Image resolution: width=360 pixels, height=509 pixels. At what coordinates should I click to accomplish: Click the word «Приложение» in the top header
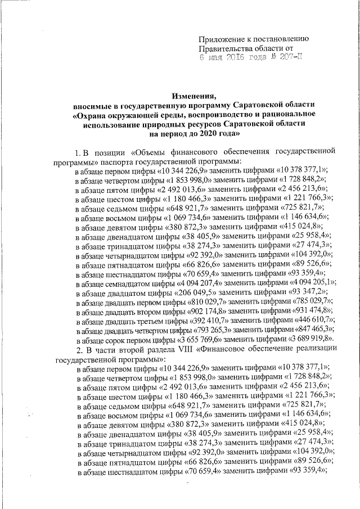(x=222, y=39)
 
